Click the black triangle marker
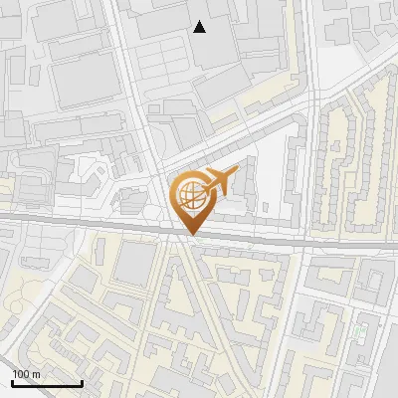point(200,27)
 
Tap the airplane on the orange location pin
point(218,181)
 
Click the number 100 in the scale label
point(21,374)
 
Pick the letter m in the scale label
point(36,374)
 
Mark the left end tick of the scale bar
point(12,382)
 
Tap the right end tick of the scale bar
point(82,382)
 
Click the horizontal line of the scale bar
point(47,384)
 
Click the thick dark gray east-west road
point(99,225)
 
